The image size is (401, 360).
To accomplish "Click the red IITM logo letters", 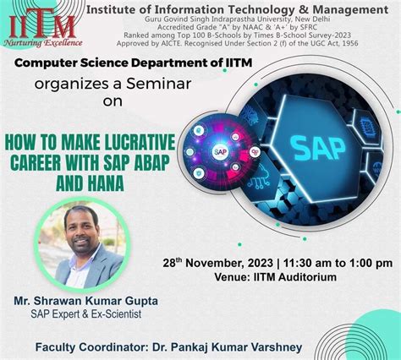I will pos(42,22).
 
